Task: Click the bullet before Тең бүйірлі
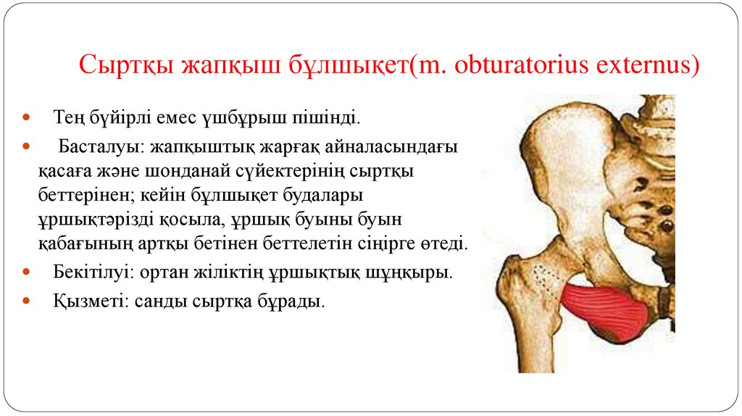click(x=27, y=116)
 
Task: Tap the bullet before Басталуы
click(x=27, y=147)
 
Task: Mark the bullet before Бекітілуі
click(x=27, y=273)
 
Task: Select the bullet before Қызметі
click(x=27, y=299)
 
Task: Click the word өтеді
click(x=443, y=243)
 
